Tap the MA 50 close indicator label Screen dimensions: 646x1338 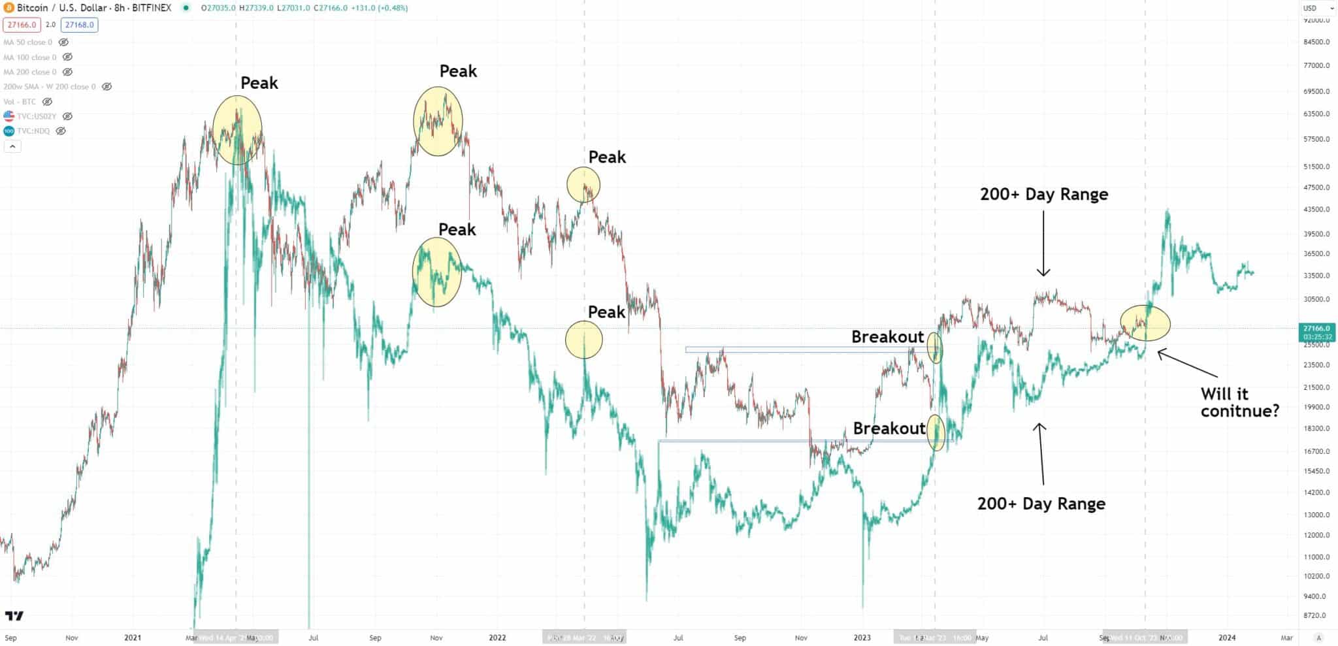(28, 42)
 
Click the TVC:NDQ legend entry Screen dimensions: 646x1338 (33, 131)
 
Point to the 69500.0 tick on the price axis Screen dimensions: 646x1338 (1316, 91)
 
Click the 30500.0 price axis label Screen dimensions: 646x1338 (1316, 299)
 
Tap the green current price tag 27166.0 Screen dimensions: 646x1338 (1316, 329)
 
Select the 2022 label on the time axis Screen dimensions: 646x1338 (497, 638)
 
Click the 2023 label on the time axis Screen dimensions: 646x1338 (862, 638)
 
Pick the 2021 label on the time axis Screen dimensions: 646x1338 (133, 638)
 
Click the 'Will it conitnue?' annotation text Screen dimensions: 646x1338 (1239, 402)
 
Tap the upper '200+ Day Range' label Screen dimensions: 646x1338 (1043, 195)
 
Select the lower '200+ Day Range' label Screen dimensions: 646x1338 (1041, 504)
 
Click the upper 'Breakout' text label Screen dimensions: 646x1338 (887, 337)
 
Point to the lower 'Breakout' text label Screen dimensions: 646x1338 (889, 428)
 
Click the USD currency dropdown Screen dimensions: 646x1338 (1318, 8)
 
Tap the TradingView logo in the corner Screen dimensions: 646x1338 (14, 616)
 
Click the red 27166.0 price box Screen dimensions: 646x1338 (22, 25)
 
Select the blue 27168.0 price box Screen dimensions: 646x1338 (79, 25)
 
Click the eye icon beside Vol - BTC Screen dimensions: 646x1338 (47, 102)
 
